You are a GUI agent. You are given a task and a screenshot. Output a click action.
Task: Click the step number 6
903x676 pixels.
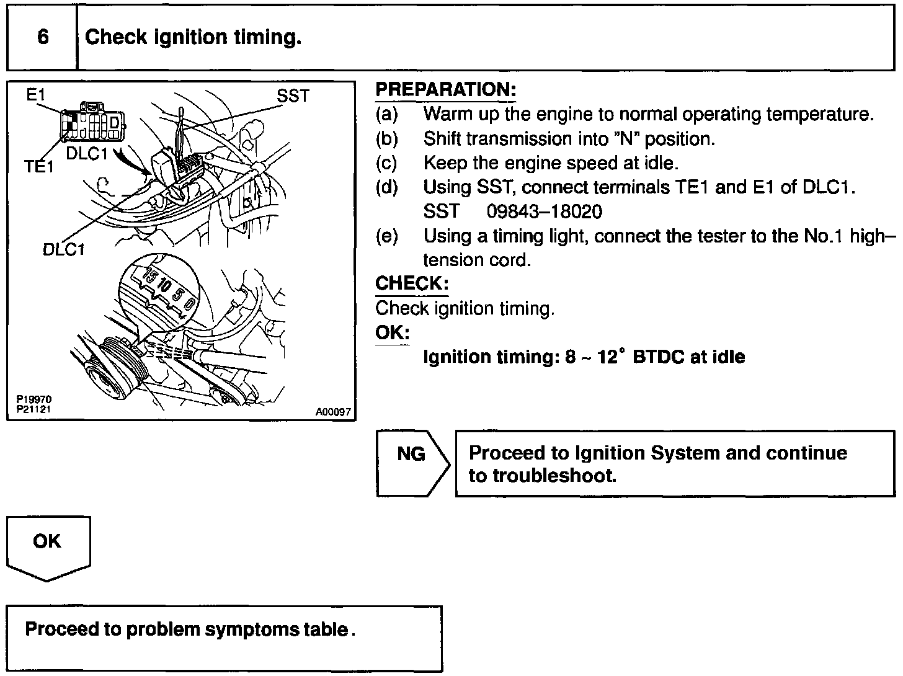click(43, 37)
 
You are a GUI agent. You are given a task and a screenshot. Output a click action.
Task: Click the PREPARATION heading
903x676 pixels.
click(445, 89)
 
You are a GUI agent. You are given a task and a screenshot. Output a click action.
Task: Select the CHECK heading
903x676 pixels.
click(411, 283)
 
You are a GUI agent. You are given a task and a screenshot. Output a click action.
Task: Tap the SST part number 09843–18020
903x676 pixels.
click(544, 212)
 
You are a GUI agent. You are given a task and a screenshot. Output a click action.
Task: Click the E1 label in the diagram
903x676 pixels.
click(36, 96)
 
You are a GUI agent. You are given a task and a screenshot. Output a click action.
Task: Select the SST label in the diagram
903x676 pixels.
click(293, 96)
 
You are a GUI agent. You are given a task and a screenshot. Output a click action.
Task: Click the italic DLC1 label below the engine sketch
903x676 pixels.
click(64, 249)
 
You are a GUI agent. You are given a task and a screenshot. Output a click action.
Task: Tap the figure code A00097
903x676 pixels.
click(333, 411)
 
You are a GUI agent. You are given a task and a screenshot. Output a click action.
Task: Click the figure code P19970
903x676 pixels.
click(34, 400)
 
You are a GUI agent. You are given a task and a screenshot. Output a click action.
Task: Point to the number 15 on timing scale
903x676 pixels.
click(150, 274)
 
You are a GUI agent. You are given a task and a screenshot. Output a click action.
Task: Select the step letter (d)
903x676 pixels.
click(387, 187)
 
